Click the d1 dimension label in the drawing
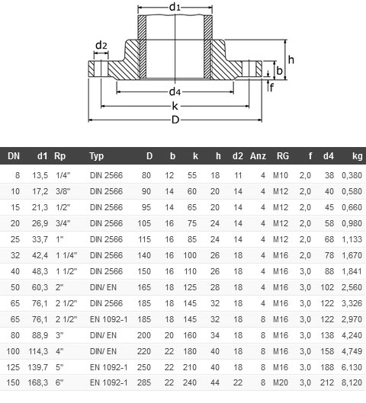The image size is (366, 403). pyautogui.click(x=175, y=8)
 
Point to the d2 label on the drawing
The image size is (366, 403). pyautogui.click(x=101, y=45)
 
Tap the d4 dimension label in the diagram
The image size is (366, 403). pyautogui.click(x=175, y=92)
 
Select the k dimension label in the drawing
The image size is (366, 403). pyautogui.click(x=175, y=106)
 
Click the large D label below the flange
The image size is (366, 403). pyautogui.click(x=175, y=120)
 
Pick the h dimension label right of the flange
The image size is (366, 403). pyautogui.click(x=291, y=59)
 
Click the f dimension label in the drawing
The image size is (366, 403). pyautogui.click(x=271, y=86)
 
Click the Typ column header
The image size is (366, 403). pyautogui.click(x=97, y=156)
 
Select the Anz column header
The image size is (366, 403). pyautogui.click(x=257, y=156)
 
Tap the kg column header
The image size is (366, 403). pyautogui.click(x=357, y=156)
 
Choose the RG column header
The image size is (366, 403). pyautogui.click(x=283, y=156)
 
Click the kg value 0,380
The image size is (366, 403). pyautogui.click(x=352, y=175)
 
